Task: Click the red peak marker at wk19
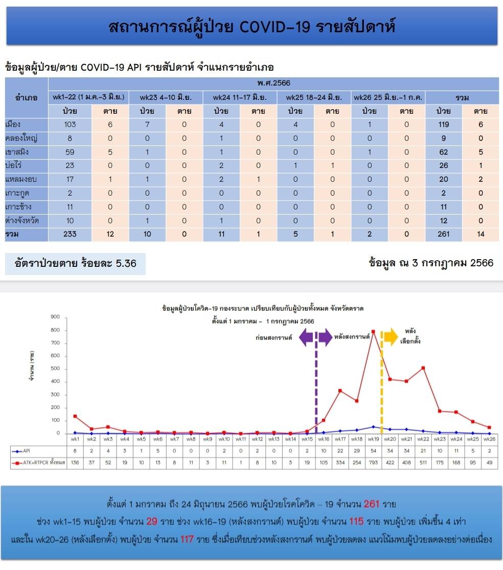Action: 373,331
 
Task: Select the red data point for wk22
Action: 423,368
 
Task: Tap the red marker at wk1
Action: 75,416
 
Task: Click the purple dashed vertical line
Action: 316,382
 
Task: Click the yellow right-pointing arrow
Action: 391,336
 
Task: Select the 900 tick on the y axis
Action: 55,316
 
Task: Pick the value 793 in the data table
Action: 373,462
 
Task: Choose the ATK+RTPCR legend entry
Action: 38,462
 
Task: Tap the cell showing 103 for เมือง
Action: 70,124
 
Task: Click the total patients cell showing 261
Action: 444,234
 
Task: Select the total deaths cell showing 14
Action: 481,234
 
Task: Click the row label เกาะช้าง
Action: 18,207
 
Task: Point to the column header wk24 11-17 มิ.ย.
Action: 240,97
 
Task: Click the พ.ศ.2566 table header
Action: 273,83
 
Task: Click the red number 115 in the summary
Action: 356,521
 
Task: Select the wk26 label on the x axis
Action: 489,439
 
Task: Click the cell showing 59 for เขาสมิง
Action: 70,152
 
